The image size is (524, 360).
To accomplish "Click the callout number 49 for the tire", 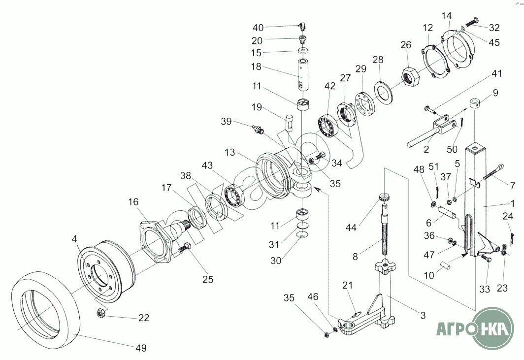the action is [141, 348].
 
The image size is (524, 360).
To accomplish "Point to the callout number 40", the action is [258, 28].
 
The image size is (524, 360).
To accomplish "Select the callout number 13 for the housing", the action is [230, 153].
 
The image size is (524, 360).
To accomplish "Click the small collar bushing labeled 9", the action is [475, 103].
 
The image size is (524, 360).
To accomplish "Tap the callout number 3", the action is [423, 315].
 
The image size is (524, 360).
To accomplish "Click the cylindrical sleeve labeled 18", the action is [303, 75].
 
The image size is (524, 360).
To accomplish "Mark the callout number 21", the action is [347, 286].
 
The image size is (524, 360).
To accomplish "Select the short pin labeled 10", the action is [443, 262].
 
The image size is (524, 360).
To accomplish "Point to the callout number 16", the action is [133, 202].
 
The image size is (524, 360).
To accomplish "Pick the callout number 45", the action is [494, 42].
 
